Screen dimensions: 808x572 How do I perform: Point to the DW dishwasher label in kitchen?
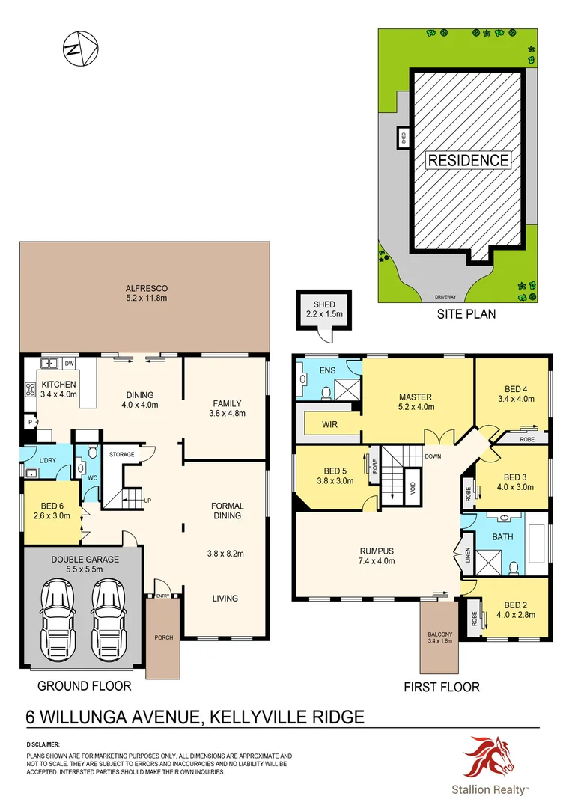69,364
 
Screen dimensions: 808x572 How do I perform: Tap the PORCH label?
163,637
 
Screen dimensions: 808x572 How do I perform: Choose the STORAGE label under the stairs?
121,454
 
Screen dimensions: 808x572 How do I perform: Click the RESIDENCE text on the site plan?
468,159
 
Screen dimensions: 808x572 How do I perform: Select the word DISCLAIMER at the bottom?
43,745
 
